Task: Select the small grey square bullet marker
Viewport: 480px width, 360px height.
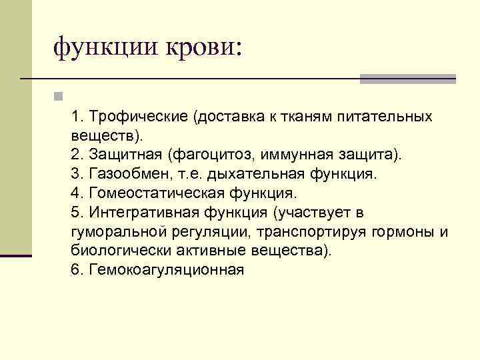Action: [x=59, y=97]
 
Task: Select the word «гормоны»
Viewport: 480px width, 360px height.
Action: [x=400, y=232]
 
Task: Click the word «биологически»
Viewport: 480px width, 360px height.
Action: [x=110, y=251]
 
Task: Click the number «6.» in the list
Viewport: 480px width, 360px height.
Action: [x=76, y=270]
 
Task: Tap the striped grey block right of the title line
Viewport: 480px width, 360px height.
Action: [x=408, y=79]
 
